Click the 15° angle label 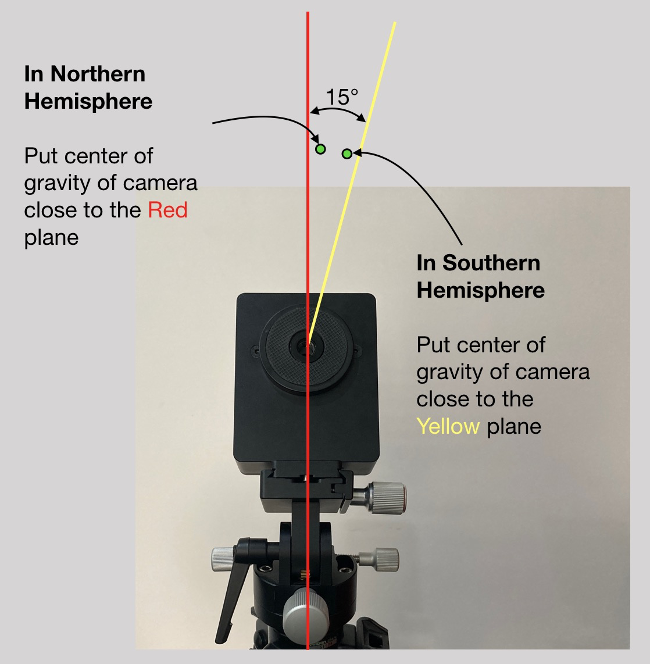coord(341,97)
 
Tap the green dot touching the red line coord(320,149)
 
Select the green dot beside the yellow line coord(347,153)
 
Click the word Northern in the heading coord(98,74)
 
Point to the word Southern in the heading coord(491,263)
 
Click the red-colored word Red coord(167,210)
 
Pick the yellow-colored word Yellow coord(448,427)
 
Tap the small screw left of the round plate coord(256,351)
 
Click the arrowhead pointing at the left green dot coord(316,141)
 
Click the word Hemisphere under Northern coord(88,102)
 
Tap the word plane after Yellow coord(514,427)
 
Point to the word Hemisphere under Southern coord(481,290)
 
